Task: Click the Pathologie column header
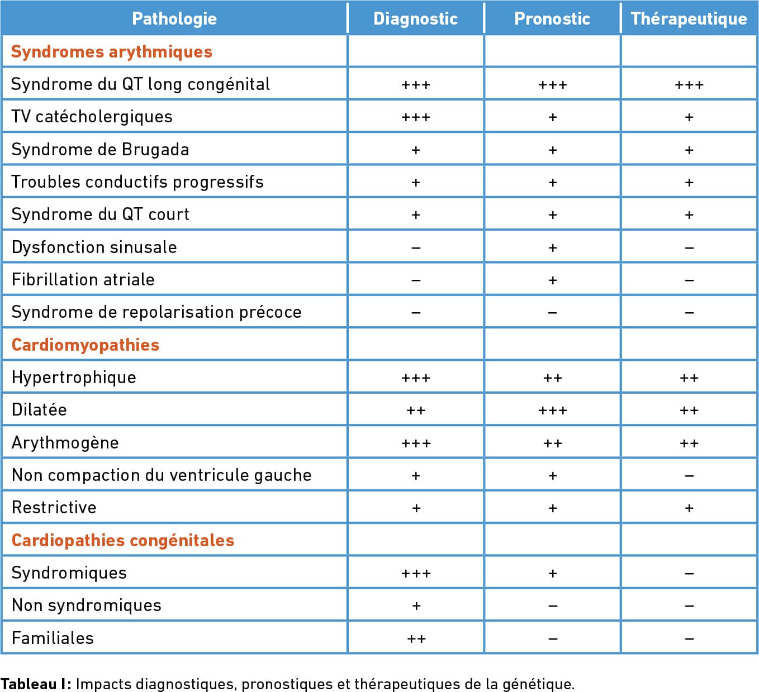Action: [174, 19]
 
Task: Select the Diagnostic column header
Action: [415, 19]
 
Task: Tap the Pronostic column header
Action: [552, 19]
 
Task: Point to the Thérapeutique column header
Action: [689, 19]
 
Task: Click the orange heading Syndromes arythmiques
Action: [112, 52]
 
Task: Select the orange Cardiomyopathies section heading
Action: [86, 345]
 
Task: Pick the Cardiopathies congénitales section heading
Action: [123, 541]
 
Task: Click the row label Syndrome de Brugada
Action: [100, 149]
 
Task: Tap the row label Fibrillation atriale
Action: [83, 280]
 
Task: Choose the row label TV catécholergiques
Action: [92, 117]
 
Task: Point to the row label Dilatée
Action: [39, 410]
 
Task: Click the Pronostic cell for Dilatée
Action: [552, 411]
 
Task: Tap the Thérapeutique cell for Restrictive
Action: [689, 508]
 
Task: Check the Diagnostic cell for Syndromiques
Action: [416, 574]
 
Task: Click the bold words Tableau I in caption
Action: [36, 684]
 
